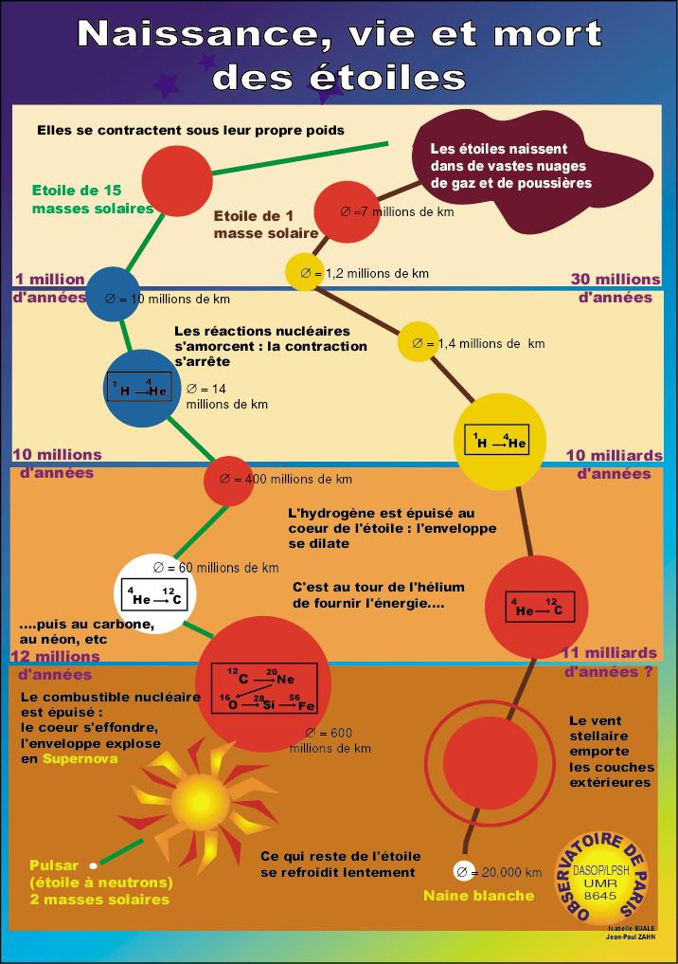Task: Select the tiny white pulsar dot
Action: click(93, 865)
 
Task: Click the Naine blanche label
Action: click(478, 896)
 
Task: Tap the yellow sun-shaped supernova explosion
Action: click(193, 791)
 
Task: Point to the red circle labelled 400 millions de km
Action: click(228, 480)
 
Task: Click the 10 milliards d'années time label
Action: click(614, 463)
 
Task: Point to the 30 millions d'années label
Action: click(616, 287)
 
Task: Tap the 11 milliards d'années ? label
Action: click(610, 662)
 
